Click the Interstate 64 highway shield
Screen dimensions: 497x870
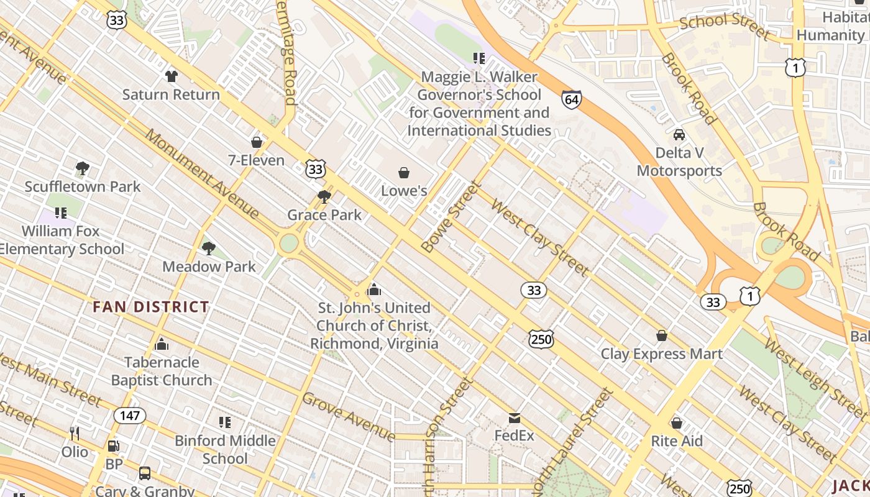[x=571, y=99]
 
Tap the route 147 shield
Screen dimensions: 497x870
[x=129, y=415]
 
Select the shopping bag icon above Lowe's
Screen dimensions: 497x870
[x=404, y=172]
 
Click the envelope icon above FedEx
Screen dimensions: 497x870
[x=514, y=418]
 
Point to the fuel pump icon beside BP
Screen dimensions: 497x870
[x=113, y=445]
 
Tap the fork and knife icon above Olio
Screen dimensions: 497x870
[x=74, y=433]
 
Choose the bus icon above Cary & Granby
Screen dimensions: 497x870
[x=145, y=473]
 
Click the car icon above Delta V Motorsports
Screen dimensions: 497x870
[x=679, y=134]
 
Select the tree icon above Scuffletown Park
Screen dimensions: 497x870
[x=82, y=168]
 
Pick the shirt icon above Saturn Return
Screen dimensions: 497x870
[x=171, y=76]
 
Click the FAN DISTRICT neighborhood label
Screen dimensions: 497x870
[x=151, y=307]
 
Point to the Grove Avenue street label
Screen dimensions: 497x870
[x=348, y=416]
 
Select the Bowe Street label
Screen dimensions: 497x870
[x=452, y=216]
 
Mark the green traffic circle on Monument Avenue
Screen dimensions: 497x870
[x=289, y=243]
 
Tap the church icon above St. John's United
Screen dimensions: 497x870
[x=374, y=290]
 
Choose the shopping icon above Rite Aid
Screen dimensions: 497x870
[x=677, y=423]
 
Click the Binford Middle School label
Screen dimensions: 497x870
[x=225, y=449]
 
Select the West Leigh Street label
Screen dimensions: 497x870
[x=814, y=377]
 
